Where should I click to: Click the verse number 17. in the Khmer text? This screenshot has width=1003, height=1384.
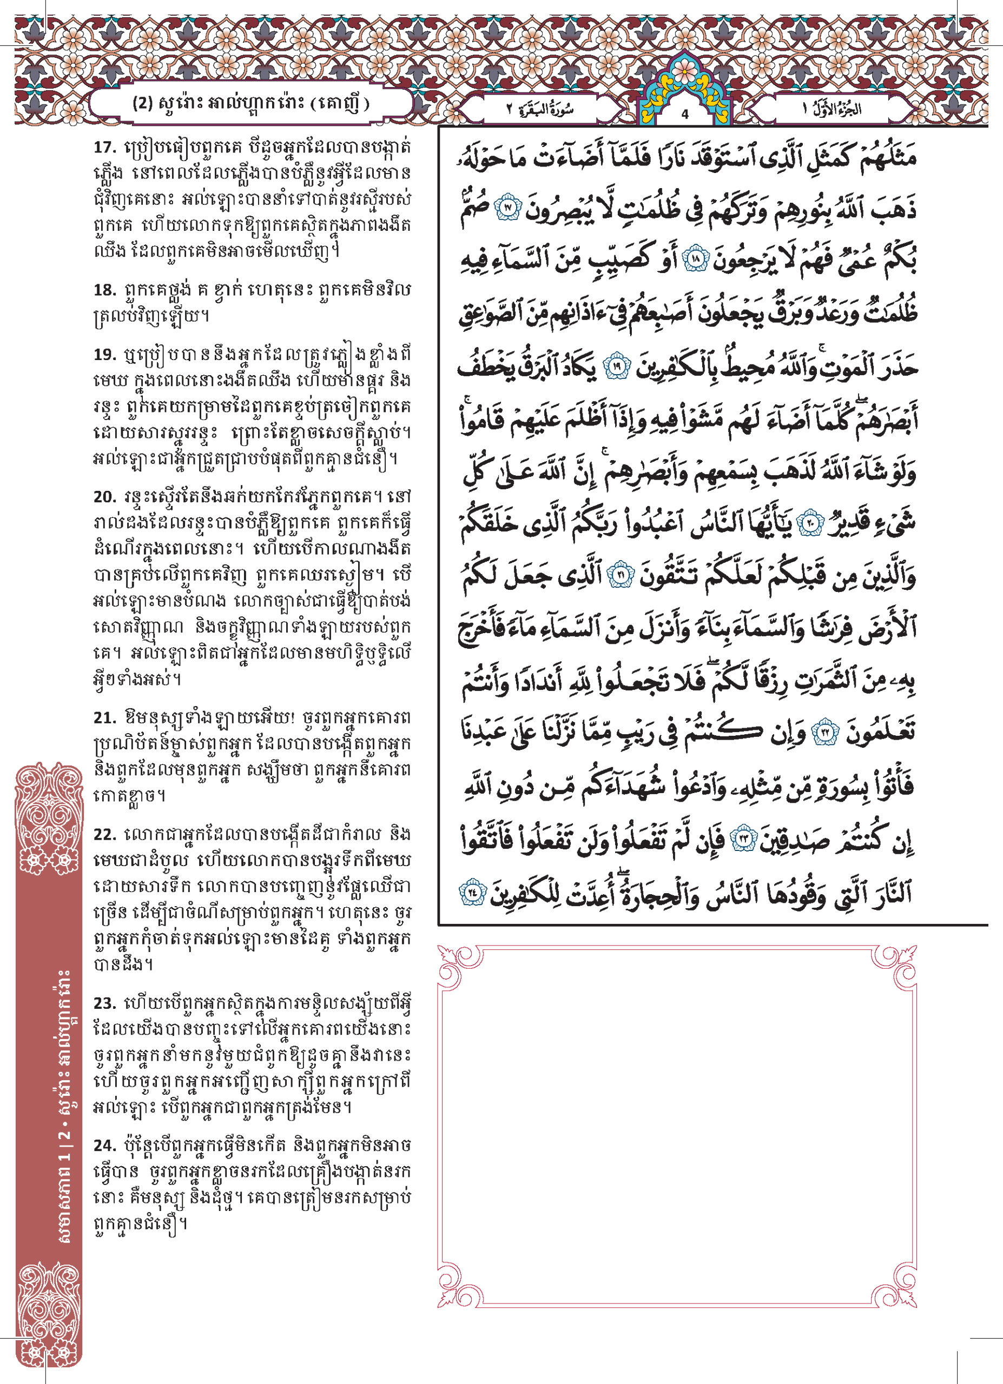pos(104,147)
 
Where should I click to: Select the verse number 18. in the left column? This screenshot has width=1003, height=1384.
pos(104,290)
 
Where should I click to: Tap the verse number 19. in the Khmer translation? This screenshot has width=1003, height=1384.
pos(104,355)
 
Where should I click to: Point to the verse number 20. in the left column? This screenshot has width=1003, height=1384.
pos(104,497)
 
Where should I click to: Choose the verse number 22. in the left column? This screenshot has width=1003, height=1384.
pos(105,835)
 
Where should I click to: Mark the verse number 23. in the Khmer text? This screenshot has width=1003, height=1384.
pos(105,1003)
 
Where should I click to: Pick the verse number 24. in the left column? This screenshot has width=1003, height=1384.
pos(105,1146)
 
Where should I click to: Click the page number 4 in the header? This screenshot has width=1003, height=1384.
pos(685,114)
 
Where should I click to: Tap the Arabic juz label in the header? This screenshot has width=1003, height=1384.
pos(832,110)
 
